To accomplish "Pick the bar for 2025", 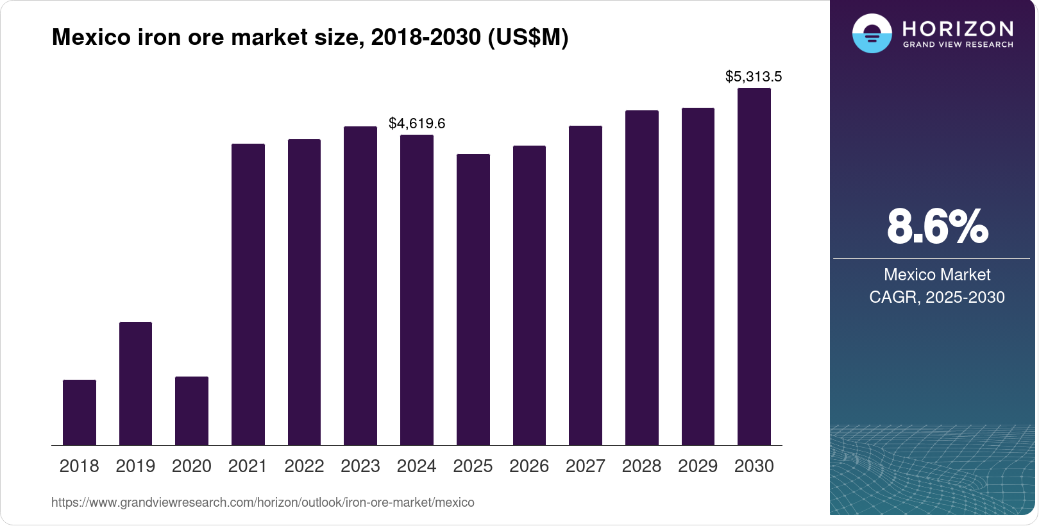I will coord(473,300).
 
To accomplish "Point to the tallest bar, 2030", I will coord(754,267).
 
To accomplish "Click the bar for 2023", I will coord(360,286).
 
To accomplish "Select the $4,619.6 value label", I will coord(417,123).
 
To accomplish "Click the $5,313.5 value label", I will coord(754,77).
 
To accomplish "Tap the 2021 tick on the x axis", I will coord(248,466).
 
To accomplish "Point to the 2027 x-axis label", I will coord(585,466).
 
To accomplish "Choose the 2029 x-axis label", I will coord(698,466).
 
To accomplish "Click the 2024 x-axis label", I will coord(416,466).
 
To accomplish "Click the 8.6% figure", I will coord(937,226).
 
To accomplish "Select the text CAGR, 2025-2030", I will coord(936,297).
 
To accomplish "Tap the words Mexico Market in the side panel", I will coord(937,275).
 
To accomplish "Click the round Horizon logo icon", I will coord(872,33).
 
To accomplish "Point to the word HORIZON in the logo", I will coord(958,28).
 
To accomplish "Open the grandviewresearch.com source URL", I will coord(263,502).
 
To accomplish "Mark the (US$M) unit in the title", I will coord(528,37).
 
